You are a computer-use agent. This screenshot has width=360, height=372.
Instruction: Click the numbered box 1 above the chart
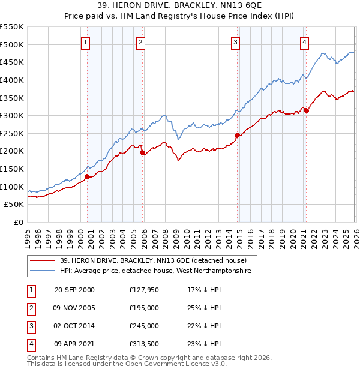tap(86, 42)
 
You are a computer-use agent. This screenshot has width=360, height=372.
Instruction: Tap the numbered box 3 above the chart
tap(236, 42)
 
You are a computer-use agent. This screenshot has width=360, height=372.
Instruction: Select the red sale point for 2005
tap(142, 153)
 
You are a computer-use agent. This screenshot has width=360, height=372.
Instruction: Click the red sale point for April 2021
tap(306, 110)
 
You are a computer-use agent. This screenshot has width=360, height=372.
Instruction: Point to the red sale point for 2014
tap(237, 135)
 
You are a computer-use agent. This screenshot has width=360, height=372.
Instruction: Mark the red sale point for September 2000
tap(88, 176)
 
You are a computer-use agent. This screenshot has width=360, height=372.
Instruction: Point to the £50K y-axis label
tap(14, 205)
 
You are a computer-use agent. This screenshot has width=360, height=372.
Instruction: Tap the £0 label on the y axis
tap(18, 223)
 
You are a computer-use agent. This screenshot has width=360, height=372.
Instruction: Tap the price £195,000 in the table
tap(144, 308)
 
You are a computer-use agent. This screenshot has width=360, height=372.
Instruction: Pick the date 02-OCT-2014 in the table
tap(74, 326)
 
